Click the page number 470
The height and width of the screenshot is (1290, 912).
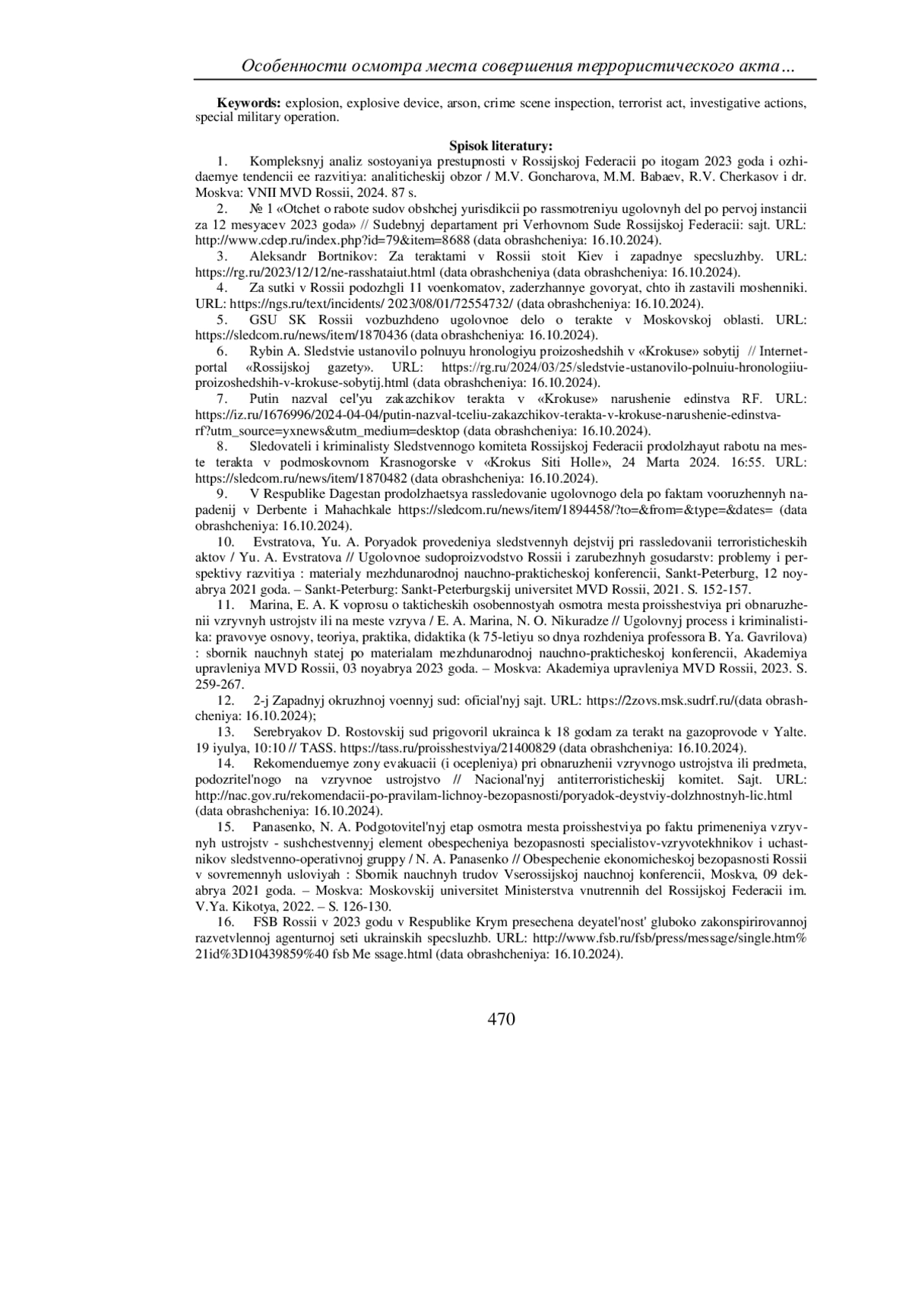pyautogui.click(x=501, y=1019)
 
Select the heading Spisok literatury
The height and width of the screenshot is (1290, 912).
pyautogui.click(x=501, y=146)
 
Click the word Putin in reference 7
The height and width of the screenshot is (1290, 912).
pyautogui.click(x=264, y=399)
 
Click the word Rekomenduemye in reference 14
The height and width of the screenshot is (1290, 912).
pyautogui.click(x=294, y=762)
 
